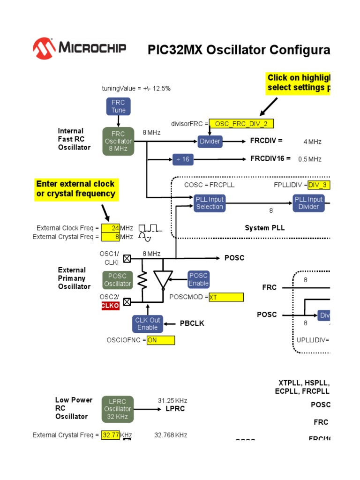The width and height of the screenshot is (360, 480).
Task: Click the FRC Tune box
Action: [119, 106]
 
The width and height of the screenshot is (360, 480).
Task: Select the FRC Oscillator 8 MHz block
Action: [118, 141]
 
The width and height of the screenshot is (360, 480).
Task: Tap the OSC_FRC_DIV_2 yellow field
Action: [241, 124]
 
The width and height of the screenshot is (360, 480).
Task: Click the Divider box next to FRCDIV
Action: [210, 141]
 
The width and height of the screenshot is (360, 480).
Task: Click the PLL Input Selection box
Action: [210, 203]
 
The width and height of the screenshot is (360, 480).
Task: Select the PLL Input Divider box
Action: [308, 203]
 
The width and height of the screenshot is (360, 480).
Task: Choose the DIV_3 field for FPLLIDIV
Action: [319, 185]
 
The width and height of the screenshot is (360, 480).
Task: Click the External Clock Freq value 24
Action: [110, 228]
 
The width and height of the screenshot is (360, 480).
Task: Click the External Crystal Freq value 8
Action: [110, 237]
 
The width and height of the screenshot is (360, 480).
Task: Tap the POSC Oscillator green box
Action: [118, 280]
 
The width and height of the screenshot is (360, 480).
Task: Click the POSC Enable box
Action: [198, 279]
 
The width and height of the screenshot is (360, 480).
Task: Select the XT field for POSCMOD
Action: [226, 297]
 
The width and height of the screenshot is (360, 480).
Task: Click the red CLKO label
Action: [111, 306]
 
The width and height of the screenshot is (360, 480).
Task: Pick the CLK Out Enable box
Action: [148, 323]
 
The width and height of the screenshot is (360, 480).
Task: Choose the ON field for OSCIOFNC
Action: [160, 341]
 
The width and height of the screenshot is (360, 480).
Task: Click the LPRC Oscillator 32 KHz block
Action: [118, 409]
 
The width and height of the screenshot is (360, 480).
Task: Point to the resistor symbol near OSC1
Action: [141, 280]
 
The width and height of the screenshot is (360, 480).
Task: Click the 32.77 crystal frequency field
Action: [111, 435]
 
